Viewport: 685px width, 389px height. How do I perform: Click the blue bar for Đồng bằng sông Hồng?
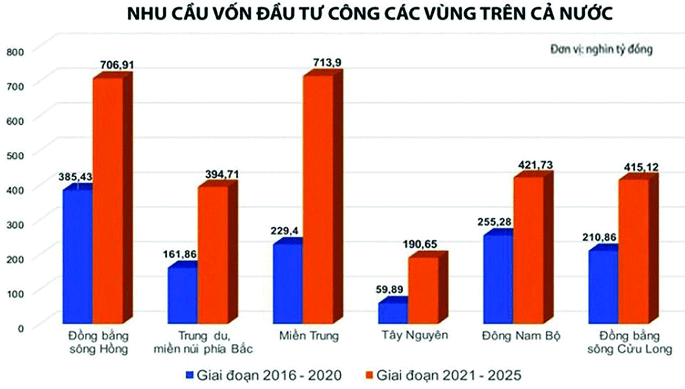[78, 257]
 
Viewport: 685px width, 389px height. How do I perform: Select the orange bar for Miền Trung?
[317, 200]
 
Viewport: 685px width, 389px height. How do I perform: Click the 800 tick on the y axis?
[13, 51]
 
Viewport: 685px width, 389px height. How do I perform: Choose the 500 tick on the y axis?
[13, 154]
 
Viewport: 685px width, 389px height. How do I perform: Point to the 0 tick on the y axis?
[19, 327]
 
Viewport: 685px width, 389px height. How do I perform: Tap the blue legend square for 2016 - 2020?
[190, 375]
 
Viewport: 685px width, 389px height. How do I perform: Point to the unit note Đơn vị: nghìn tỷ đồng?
[601, 49]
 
